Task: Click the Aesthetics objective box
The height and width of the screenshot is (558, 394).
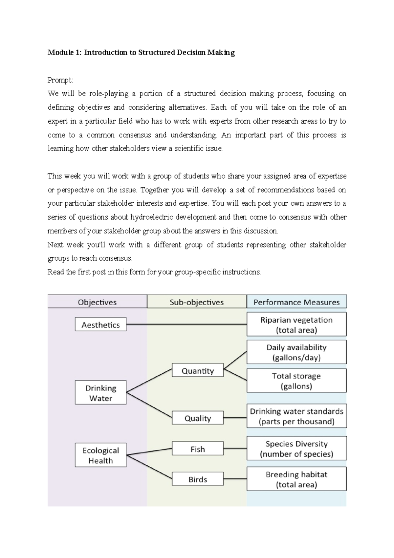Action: (100, 324)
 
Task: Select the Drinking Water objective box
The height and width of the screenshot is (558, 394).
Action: (100, 392)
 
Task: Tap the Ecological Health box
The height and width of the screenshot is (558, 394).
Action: (100, 455)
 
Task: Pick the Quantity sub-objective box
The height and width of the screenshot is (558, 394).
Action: (198, 370)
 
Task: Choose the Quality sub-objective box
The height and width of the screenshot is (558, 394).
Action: (198, 418)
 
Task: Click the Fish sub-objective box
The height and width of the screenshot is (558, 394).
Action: (198, 449)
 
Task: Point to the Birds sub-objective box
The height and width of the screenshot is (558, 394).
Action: (198, 479)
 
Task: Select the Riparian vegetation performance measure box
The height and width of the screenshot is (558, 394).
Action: (296, 324)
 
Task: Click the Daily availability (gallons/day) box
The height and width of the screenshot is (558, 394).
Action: (296, 352)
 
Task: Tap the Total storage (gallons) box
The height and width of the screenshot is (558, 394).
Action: (296, 381)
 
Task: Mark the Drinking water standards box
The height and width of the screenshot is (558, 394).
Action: (296, 416)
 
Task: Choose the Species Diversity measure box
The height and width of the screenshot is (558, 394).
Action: (296, 448)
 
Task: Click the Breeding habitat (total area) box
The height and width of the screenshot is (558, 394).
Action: (296, 479)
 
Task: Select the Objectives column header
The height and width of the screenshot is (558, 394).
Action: (97, 302)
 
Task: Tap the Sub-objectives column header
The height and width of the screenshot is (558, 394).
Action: (196, 302)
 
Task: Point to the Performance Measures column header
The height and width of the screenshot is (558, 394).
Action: (296, 302)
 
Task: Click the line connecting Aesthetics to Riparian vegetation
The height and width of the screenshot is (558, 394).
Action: (186, 324)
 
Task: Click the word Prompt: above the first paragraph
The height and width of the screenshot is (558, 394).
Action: (60, 80)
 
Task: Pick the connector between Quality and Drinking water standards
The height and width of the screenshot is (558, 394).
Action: (235, 418)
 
